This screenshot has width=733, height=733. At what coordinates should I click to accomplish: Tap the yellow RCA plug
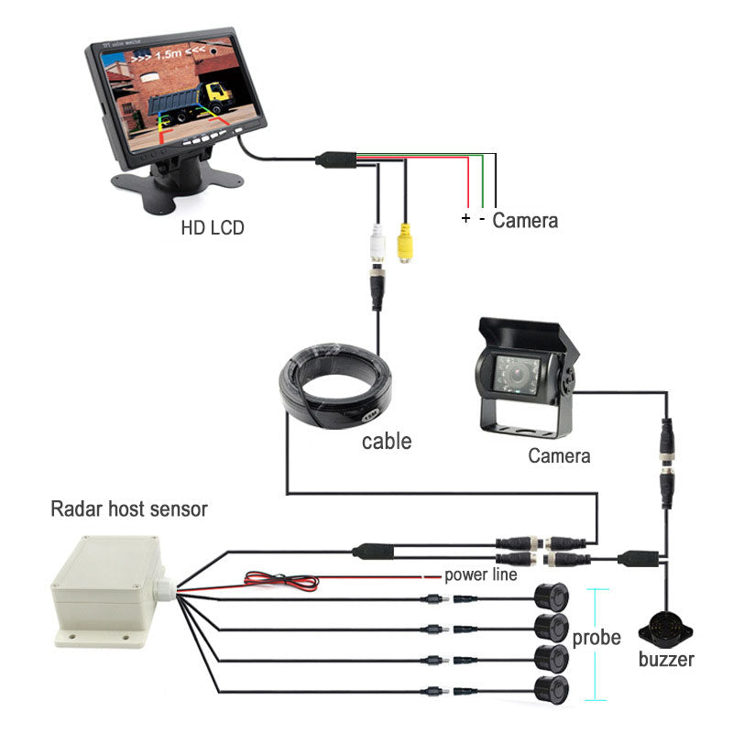pyautogui.click(x=404, y=245)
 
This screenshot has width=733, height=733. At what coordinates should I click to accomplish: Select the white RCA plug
pyautogui.click(x=376, y=246)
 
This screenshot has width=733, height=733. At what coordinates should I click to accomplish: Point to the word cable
pyautogui.click(x=386, y=442)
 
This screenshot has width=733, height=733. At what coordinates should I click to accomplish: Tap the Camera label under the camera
pyautogui.click(x=559, y=455)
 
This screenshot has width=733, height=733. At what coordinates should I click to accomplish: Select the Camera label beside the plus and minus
pyautogui.click(x=525, y=221)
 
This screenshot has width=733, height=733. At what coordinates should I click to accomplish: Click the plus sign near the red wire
pyautogui.click(x=465, y=219)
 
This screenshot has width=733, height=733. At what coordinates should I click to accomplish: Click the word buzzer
pyautogui.click(x=666, y=660)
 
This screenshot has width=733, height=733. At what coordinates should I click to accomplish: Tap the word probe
pyautogui.click(x=596, y=638)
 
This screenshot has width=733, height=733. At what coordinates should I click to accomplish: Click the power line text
pyautogui.click(x=481, y=575)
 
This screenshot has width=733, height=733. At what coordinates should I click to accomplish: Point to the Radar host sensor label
pyautogui.click(x=129, y=509)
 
